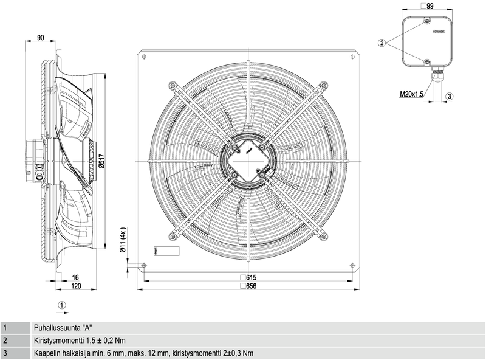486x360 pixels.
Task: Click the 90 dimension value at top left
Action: coord(41,38)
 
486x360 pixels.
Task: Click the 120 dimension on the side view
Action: coord(75,286)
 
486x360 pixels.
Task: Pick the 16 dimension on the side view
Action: coord(75,277)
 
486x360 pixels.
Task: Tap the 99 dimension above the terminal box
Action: coord(430,5)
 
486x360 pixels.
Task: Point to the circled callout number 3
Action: coord(449,96)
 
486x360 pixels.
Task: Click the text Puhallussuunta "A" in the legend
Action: coord(59,327)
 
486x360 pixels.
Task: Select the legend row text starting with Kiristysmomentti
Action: coord(80,340)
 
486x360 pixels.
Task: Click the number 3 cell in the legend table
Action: coord(5,353)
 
